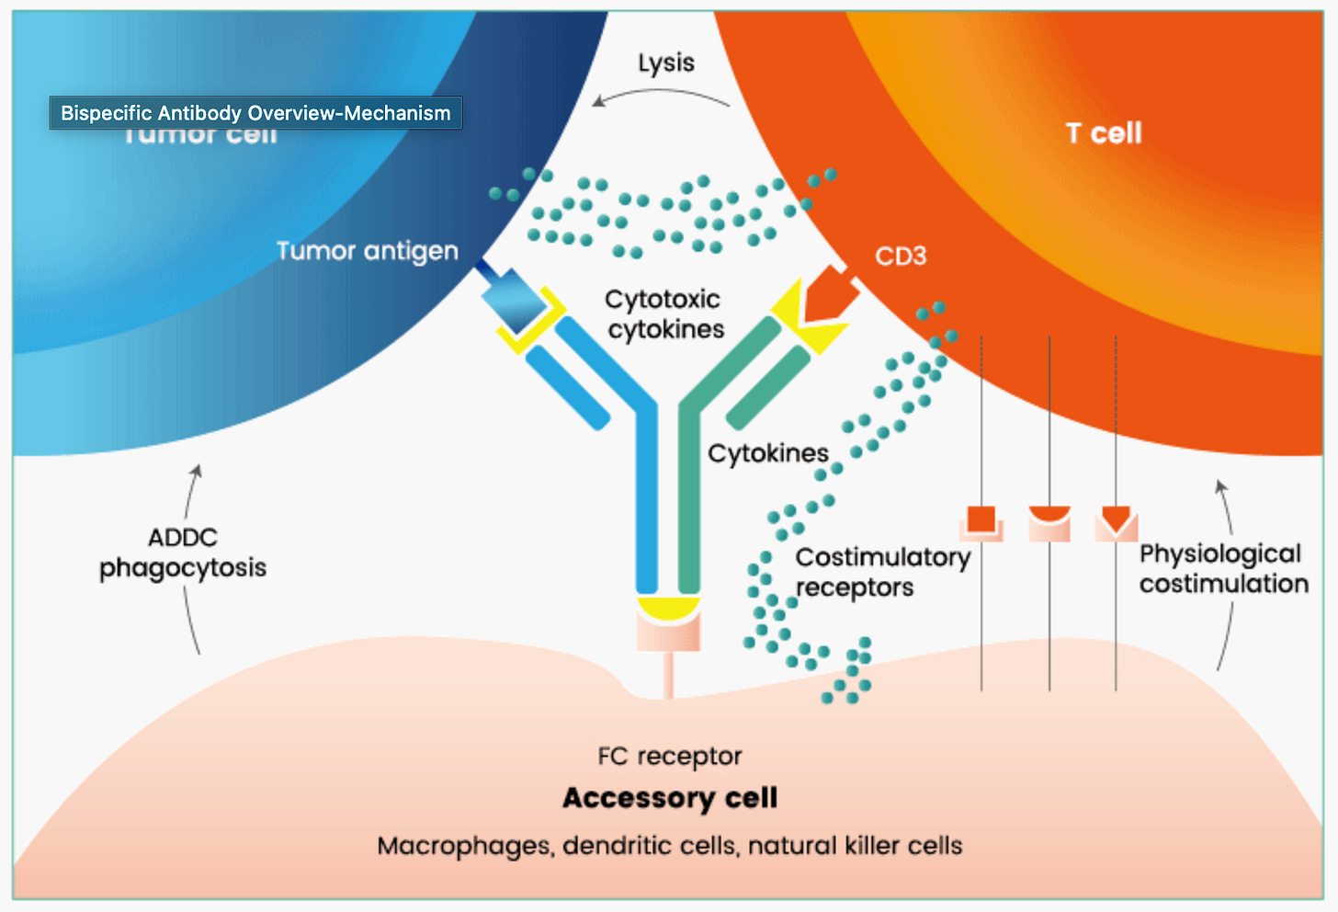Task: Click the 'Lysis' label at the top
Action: (x=666, y=63)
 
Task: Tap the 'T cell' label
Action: (x=1104, y=133)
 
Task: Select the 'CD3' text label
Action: (x=901, y=256)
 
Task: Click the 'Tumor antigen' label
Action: (x=367, y=251)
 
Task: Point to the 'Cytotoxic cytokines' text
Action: (x=664, y=314)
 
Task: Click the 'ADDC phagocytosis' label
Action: (x=183, y=553)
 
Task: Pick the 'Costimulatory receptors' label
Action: (x=882, y=572)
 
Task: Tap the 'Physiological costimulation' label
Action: (x=1223, y=568)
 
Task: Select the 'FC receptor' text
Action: (x=669, y=756)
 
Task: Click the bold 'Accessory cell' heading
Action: (x=670, y=797)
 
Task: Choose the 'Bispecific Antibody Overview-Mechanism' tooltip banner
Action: (x=255, y=113)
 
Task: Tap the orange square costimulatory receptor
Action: (x=981, y=519)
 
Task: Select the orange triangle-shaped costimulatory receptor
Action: (x=1117, y=519)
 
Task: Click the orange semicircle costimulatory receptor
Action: (x=1049, y=515)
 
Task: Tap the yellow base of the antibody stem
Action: (x=668, y=607)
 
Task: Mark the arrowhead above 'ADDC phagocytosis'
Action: (x=195, y=472)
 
